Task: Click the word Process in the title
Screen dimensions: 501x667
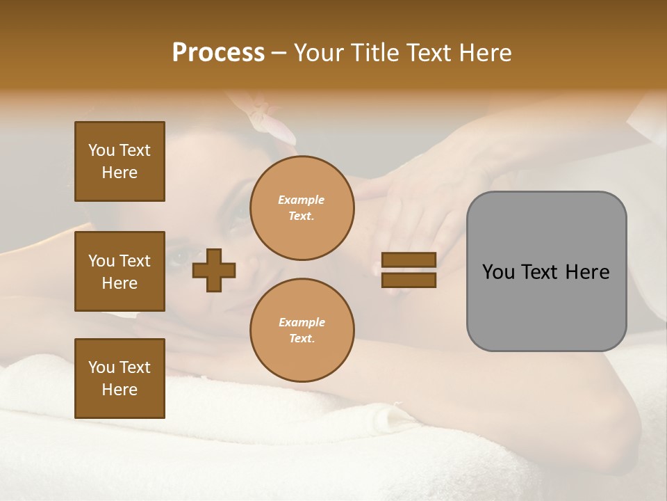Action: tap(218, 53)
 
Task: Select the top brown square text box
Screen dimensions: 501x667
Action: tap(120, 161)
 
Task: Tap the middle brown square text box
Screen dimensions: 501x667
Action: tap(120, 271)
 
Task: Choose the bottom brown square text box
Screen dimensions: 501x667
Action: tap(120, 378)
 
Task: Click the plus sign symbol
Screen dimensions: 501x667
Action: tap(214, 269)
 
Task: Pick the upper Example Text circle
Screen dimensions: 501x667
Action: tap(302, 208)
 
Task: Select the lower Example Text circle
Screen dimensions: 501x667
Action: tap(302, 331)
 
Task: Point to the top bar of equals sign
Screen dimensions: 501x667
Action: tap(409, 260)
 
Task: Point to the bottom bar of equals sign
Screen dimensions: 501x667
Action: tap(409, 280)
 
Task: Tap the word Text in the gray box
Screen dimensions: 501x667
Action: tap(541, 272)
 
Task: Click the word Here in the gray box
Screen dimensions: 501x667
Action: tap(588, 272)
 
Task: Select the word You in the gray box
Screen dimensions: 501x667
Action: tap(498, 272)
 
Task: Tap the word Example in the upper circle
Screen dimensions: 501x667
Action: tap(301, 200)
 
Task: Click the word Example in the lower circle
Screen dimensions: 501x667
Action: tap(302, 322)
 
